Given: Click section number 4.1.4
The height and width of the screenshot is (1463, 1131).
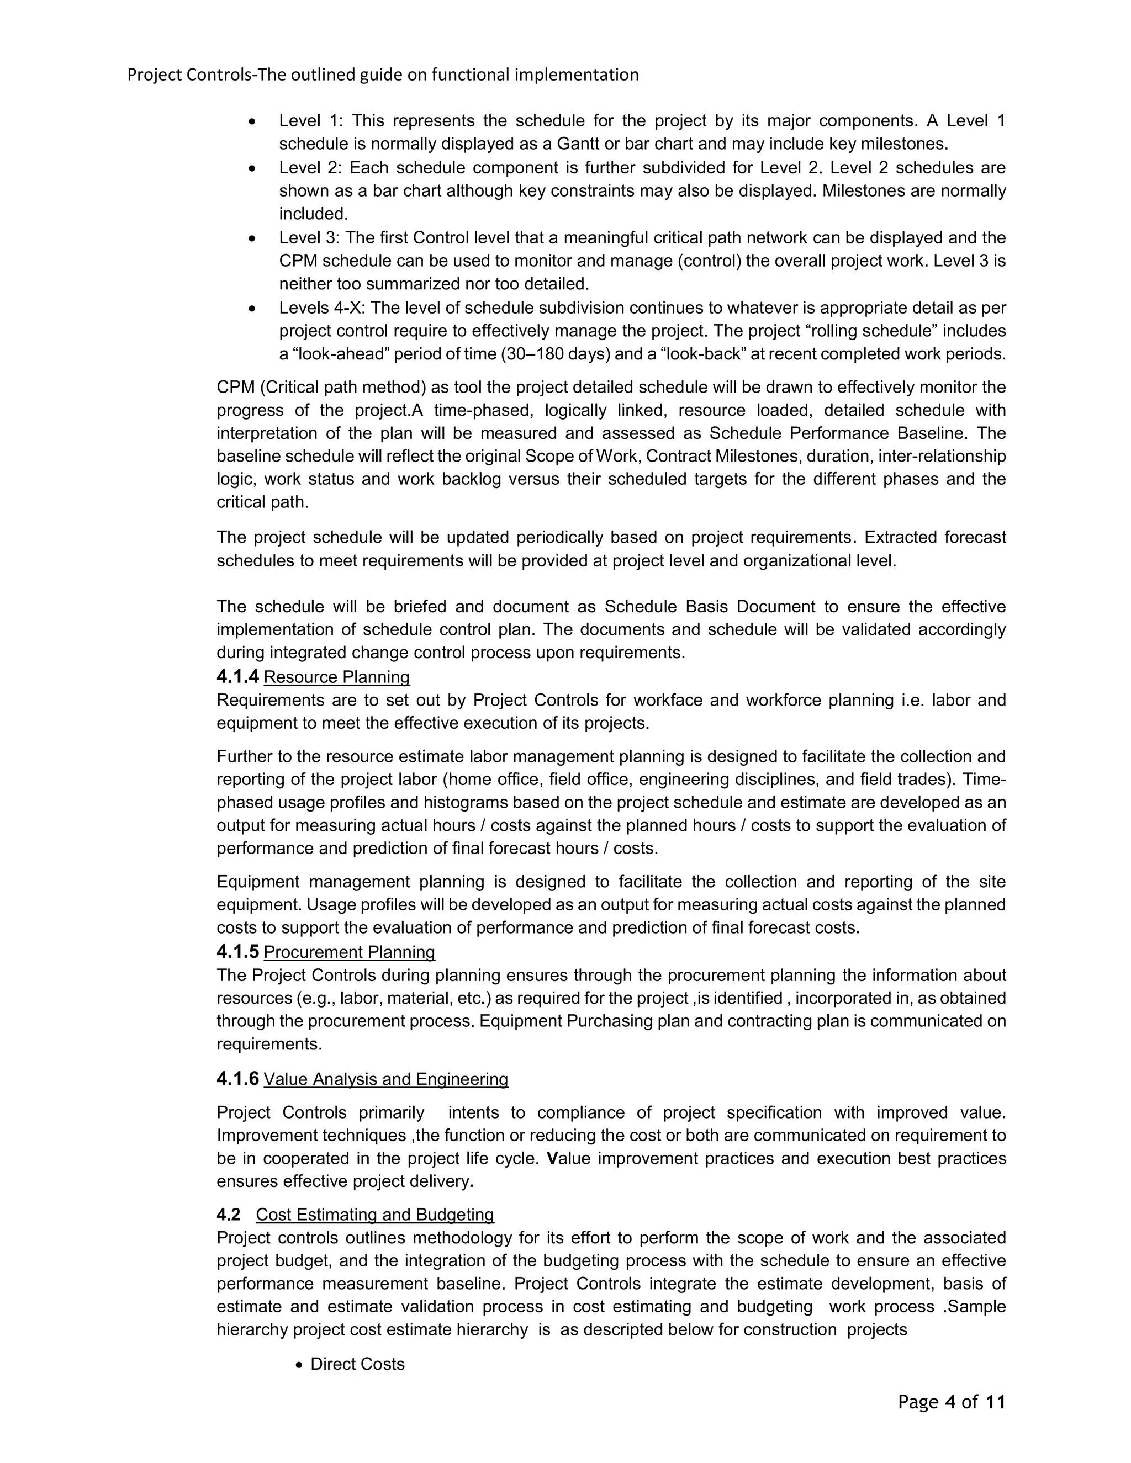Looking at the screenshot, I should click(237, 677).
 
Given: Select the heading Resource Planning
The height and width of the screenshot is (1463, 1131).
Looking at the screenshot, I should click(336, 677).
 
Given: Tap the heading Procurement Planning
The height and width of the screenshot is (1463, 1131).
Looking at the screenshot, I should click(349, 952).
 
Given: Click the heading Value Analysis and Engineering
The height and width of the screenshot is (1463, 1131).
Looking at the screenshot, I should click(385, 1079).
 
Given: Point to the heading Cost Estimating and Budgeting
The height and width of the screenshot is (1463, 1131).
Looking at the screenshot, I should click(374, 1215).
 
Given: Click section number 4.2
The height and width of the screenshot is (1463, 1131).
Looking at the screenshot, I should click(229, 1215).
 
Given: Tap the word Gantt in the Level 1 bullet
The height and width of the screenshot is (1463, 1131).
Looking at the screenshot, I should click(579, 144).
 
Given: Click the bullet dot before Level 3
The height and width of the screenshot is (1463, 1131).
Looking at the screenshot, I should click(252, 238).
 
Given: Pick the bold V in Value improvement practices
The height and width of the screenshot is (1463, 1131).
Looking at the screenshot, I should click(552, 1158).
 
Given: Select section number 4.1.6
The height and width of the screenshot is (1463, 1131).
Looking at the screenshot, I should click(237, 1079).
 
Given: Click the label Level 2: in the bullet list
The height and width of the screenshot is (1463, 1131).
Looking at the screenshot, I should click(311, 167).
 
